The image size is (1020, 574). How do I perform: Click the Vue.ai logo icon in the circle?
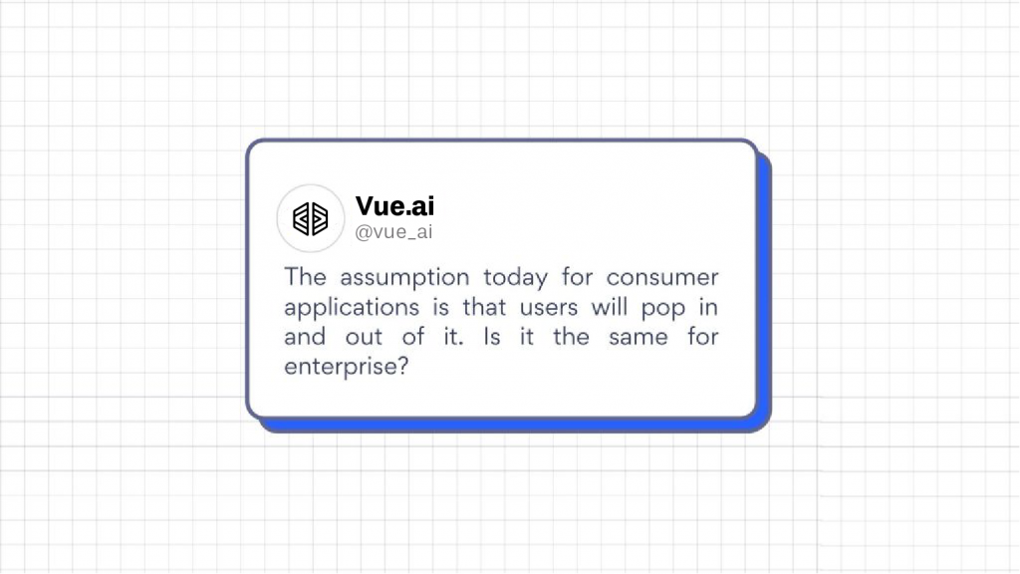click(x=311, y=218)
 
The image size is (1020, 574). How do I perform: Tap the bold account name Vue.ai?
click(x=394, y=206)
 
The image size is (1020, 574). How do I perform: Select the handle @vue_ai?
click(x=393, y=231)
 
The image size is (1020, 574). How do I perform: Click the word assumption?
click(x=404, y=278)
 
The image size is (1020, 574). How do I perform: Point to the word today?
click(x=516, y=278)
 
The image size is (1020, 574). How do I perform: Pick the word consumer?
click(x=662, y=278)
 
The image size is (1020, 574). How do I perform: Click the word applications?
click(x=352, y=308)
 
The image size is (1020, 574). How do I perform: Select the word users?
click(x=549, y=308)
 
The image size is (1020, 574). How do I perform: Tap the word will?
click(x=609, y=307)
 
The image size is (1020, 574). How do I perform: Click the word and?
click(x=305, y=337)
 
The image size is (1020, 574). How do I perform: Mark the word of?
click(x=413, y=337)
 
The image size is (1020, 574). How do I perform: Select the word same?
click(x=638, y=338)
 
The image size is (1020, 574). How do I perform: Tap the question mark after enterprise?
click(x=401, y=366)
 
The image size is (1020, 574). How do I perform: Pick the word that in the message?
click(x=484, y=307)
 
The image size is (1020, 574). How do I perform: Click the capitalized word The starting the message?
click(x=305, y=277)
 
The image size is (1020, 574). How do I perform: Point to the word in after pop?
click(x=708, y=307)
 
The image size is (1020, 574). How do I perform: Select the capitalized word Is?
click(x=492, y=337)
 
